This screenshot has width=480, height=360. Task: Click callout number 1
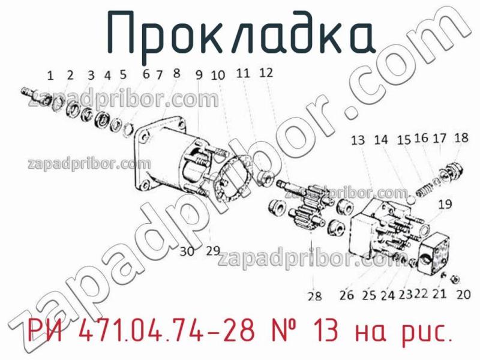[x=50, y=76]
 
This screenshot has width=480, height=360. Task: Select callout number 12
[x=266, y=73]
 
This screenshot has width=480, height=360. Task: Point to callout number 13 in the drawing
[x=358, y=140]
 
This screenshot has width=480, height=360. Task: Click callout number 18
[x=461, y=137]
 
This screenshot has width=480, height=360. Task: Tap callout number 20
[x=463, y=294]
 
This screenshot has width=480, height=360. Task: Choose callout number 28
[x=314, y=295]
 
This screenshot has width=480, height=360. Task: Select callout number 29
[x=213, y=251]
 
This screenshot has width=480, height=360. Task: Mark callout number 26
[x=346, y=295]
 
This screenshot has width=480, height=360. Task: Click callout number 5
[x=123, y=75]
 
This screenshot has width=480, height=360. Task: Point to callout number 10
[x=218, y=75]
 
